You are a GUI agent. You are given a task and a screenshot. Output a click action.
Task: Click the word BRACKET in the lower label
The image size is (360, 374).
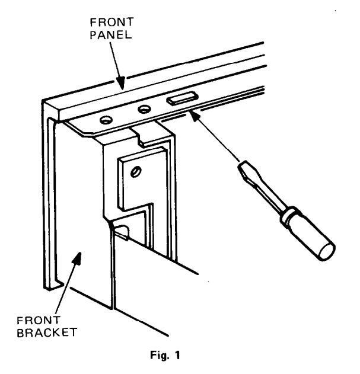42,332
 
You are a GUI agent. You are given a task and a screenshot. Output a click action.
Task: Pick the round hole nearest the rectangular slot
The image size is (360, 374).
143,109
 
